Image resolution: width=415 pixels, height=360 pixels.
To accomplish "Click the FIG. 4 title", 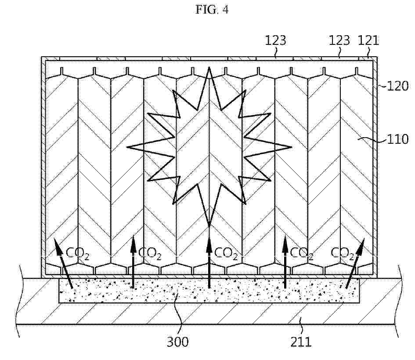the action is (212, 10).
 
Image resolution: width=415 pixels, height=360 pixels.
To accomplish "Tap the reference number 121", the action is (368, 40).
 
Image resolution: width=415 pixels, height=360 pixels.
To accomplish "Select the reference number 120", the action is (398, 86).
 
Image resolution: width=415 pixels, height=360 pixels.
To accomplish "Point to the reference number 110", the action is (398, 139).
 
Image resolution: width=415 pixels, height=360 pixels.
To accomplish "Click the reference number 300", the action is (177, 342).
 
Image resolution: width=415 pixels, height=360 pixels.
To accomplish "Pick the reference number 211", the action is (301, 342).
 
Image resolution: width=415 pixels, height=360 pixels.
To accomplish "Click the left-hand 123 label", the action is (275, 40).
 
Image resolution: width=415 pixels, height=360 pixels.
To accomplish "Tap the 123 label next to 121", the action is (339, 40).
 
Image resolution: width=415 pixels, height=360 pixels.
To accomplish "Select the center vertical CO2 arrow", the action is (209, 262).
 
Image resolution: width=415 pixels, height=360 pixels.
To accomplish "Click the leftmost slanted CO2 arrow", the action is (63, 263).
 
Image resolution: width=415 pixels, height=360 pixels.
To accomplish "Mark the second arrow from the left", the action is (133, 261).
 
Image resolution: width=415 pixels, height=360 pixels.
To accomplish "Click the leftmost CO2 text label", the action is (77, 254).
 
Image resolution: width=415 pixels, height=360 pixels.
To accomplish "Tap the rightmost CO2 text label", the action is (343, 254).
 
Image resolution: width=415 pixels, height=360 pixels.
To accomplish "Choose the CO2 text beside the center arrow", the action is (226, 254).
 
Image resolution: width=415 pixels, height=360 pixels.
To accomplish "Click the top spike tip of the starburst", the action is (209, 67).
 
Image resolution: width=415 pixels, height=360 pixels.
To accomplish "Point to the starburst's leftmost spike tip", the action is (127, 147).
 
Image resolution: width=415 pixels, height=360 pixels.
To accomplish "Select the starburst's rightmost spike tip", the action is (292, 147).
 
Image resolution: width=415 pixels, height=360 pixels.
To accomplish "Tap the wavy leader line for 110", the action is (372, 139).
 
